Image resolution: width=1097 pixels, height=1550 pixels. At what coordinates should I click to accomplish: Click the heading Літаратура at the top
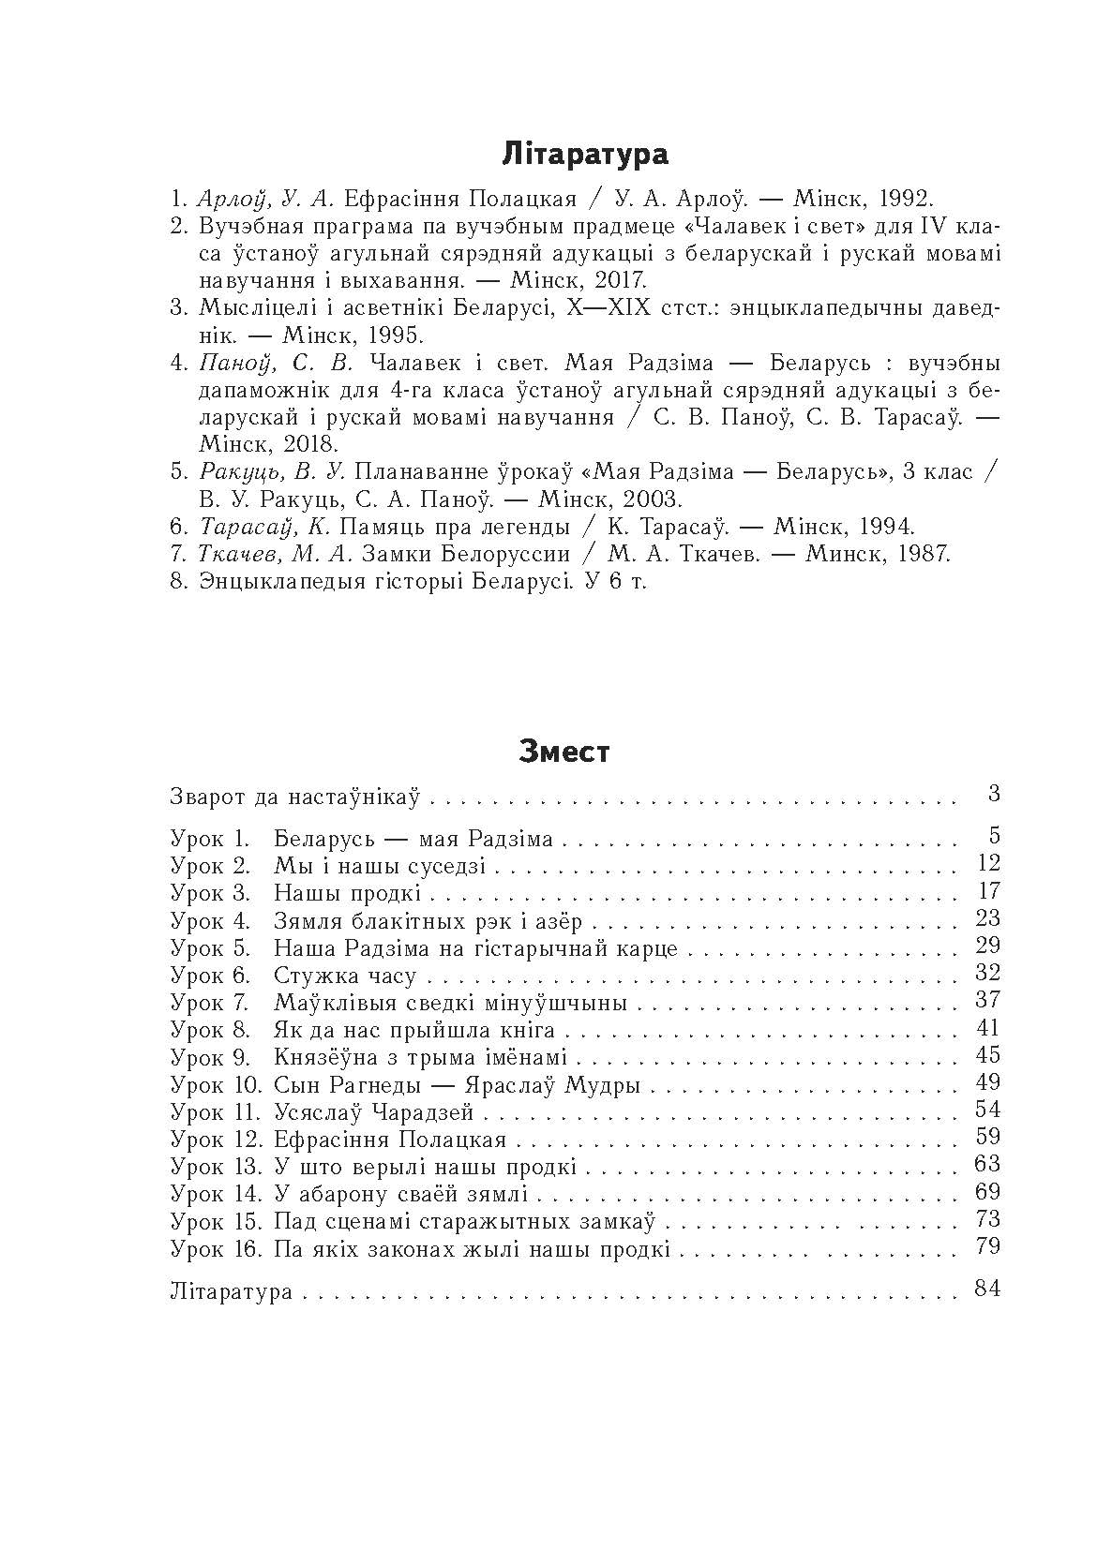coord(585,154)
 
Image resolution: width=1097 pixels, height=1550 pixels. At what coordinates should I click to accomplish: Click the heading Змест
coord(564,752)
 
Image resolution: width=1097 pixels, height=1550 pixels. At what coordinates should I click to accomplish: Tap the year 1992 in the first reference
coord(898,199)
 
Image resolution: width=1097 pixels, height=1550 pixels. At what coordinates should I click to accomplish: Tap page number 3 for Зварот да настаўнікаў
coord(994,795)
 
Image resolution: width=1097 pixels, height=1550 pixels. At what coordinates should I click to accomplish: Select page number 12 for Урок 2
coord(987,863)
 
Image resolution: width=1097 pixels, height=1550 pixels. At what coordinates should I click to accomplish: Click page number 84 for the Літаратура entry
coord(987,1289)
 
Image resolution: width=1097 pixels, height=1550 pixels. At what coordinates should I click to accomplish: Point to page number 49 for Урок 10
coord(987,1082)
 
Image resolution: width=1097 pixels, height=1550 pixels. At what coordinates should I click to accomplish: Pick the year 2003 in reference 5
coord(653,499)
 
